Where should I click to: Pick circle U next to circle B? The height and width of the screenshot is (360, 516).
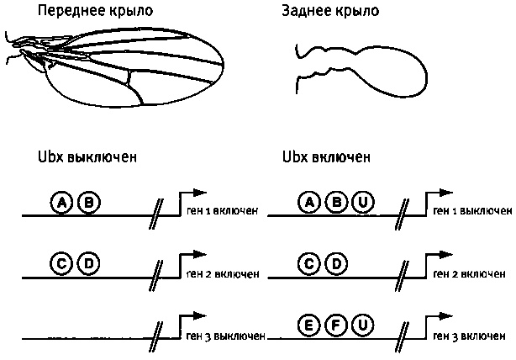pyautogui.click(x=362, y=203)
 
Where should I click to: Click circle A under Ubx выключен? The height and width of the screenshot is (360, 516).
pyautogui.click(x=61, y=203)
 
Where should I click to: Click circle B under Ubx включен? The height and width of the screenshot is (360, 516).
pyautogui.click(x=337, y=203)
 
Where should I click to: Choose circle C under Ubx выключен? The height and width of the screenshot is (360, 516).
pyautogui.click(x=61, y=264)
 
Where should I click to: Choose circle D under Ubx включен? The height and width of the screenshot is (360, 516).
pyautogui.click(x=337, y=264)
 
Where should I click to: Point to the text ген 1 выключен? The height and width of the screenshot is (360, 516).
pyautogui.click(x=471, y=210)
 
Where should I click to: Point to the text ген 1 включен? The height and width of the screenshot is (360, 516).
pyautogui.click(x=222, y=210)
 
